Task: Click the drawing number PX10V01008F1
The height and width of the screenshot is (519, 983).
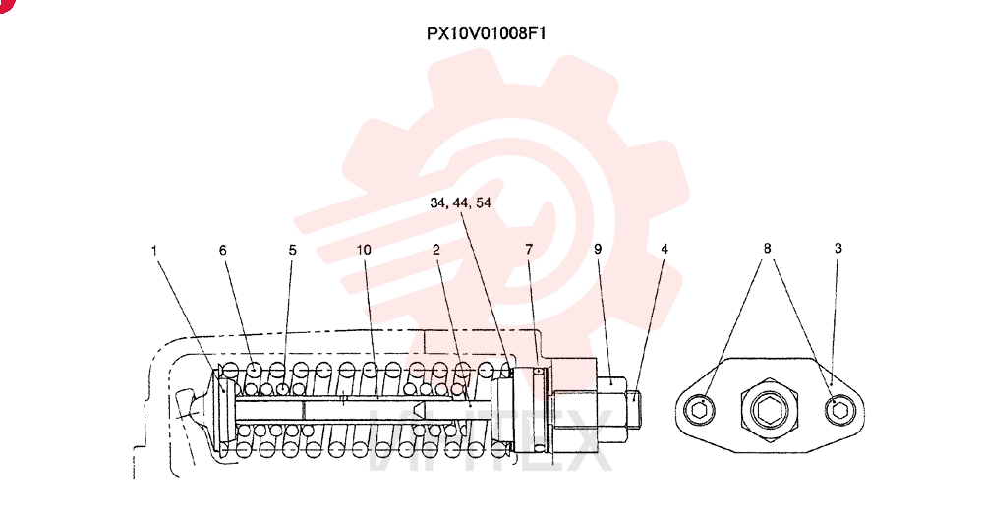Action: tap(486, 33)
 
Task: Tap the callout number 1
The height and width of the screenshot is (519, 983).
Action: tap(154, 251)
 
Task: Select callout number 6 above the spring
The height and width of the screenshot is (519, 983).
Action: tap(222, 250)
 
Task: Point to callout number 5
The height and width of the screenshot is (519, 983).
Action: tap(292, 250)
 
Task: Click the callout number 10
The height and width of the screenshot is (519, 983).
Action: tap(364, 250)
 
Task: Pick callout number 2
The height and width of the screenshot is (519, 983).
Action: tap(435, 250)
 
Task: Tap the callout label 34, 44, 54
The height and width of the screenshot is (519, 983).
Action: tap(460, 202)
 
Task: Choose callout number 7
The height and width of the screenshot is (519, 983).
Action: tap(529, 250)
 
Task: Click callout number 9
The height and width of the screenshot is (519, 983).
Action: tap(598, 249)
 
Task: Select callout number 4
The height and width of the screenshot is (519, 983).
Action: tap(665, 249)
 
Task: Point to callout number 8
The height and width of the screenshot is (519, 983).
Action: tap(767, 249)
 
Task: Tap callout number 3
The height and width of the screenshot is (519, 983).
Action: tap(838, 249)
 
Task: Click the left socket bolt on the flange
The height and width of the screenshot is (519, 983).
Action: tap(700, 411)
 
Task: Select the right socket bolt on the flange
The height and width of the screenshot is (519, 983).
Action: tap(840, 411)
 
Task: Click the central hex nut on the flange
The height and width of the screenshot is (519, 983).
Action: tap(769, 410)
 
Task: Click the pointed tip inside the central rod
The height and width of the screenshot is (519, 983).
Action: tap(419, 410)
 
